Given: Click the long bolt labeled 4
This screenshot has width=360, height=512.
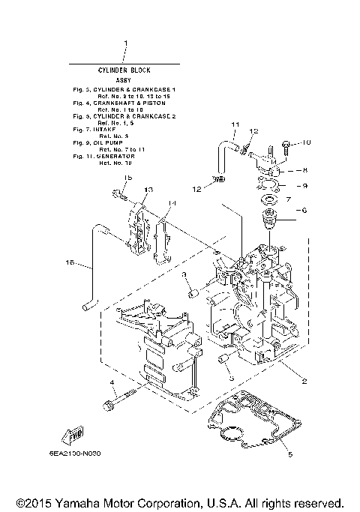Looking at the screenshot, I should pyautogui.click(x=123, y=401).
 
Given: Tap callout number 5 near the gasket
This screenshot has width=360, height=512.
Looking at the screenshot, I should pyautogui.click(x=291, y=454).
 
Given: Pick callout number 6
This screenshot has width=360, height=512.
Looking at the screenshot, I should pyautogui.click(x=304, y=211).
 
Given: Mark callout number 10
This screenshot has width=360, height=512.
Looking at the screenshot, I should pyautogui.click(x=305, y=142).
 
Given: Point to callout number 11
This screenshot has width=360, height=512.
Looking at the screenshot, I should pyautogui.click(x=234, y=124).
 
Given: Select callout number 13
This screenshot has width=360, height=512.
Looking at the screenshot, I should pyautogui.click(x=148, y=189).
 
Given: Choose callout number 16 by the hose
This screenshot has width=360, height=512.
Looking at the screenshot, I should pyautogui.click(x=71, y=263).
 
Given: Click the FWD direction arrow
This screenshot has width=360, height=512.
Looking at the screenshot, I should pyautogui.click(x=73, y=437).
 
